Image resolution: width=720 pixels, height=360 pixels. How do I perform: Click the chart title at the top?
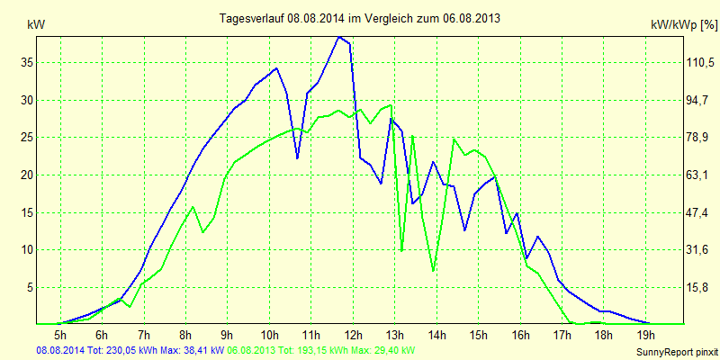[360, 18]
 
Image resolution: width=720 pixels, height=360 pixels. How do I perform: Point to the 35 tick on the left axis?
[26, 62]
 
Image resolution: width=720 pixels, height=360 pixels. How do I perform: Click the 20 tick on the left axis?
[26, 175]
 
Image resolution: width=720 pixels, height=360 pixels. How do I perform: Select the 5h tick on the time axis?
[60, 335]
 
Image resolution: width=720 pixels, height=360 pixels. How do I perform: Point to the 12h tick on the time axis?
[353, 335]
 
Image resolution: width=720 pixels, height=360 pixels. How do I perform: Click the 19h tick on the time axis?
[645, 335]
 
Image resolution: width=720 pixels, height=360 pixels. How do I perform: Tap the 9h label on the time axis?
[228, 335]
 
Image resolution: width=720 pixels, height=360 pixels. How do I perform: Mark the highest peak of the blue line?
[338, 37]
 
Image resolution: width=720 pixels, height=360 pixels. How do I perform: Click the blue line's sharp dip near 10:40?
[297, 158]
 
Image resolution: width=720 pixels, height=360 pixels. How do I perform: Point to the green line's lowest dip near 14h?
[434, 270]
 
